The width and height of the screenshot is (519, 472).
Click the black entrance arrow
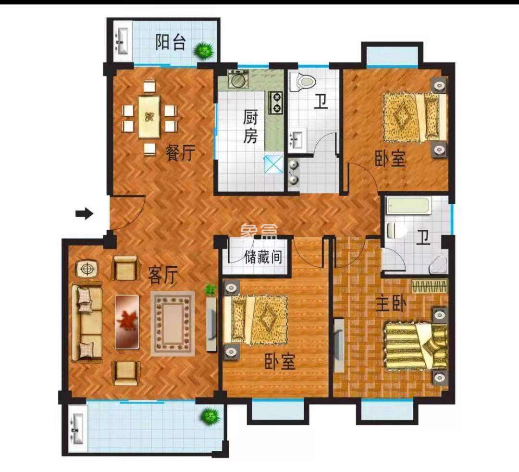84,213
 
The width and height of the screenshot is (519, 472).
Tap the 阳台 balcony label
170,43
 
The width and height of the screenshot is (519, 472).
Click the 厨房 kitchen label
250,127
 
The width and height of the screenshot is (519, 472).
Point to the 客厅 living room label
163,276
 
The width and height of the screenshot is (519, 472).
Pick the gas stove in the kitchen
276,102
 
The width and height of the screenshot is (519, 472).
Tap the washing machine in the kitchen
238,79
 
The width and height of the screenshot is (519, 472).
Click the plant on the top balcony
204,50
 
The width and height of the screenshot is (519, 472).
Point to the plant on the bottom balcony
210,416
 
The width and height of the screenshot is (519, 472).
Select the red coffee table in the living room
127,322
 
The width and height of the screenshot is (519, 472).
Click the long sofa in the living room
87,323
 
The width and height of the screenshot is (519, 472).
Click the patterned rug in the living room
173,323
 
